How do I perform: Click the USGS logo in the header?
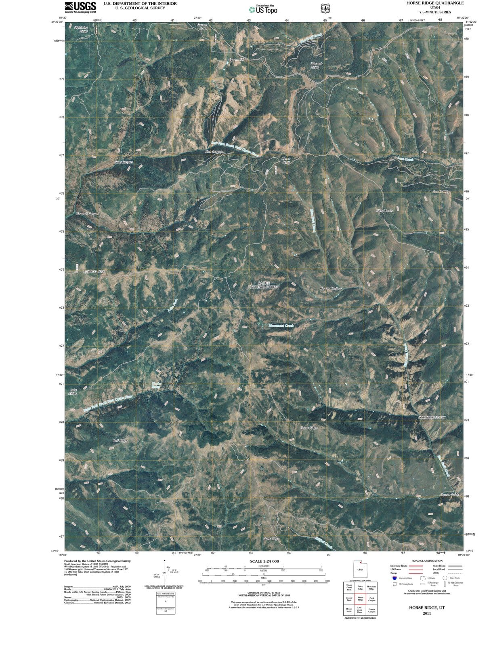tap(80, 7)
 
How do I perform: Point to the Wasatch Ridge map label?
tap(316, 66)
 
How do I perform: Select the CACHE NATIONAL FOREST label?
tap(263, 285)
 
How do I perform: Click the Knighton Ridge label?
tap(94, 271)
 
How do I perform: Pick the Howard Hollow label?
tap(331, 289)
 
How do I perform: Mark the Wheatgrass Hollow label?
tap(432, 417)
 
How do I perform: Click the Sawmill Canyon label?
tap(88, 214)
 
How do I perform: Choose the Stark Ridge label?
tap(271, 539)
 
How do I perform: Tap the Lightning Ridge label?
tap(81, 29)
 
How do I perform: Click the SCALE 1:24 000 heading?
tap(264, 561)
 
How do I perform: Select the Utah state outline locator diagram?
tap(360, 569)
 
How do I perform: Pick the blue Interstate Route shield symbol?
tap(395, 578)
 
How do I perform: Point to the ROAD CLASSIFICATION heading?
tap(427, 560)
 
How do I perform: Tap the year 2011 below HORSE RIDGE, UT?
tap(427, 613)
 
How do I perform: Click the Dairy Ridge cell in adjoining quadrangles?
tap(360, 587)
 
